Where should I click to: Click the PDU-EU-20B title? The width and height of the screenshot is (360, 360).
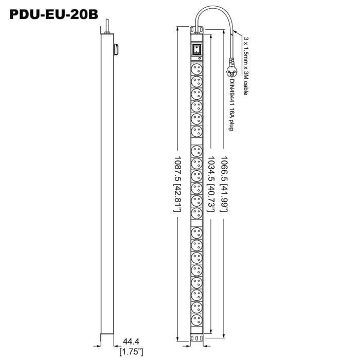53,14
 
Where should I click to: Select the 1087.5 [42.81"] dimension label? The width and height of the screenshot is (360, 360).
178,184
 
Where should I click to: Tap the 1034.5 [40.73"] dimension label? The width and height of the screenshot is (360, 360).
211,184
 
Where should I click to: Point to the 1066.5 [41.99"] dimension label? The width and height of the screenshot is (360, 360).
224,184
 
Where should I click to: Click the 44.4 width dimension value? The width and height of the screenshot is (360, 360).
131,341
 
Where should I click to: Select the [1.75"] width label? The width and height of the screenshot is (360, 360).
131,351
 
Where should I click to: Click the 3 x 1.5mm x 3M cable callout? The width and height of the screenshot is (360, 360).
246,66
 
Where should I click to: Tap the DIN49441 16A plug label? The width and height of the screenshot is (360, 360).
231,105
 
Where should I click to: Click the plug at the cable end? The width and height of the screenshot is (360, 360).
231,68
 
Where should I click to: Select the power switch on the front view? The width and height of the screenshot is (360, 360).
197,50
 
